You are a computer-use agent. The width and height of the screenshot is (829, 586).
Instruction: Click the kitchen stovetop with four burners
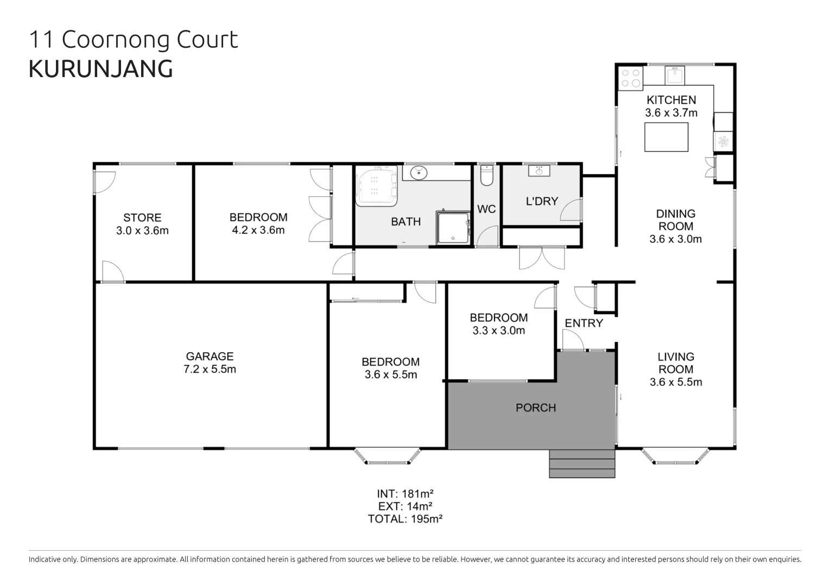[x=630, y=78]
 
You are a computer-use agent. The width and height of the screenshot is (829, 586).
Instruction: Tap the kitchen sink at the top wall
[x=674, y=75]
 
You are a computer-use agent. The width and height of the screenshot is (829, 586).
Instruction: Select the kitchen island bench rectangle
[x=666, y=137]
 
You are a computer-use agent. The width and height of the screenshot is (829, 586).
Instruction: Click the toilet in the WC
[x=486, y=175]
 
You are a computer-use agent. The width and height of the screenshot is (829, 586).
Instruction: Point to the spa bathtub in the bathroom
[x=376, y=186]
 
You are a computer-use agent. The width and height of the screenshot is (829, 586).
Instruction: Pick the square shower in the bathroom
[x=453, y=228]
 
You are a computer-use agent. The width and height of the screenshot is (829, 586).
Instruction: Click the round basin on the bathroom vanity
[x=418, y=173]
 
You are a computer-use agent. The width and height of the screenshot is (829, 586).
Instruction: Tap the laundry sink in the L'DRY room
[x=539, y=171]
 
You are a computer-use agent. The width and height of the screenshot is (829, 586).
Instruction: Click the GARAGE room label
[x=210, y=356]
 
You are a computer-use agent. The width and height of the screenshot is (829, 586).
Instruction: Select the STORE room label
[x=142, y=218]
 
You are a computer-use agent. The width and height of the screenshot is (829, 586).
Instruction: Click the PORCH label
[x=535, y=407]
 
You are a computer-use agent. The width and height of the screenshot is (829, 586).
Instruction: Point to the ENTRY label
[x=584, y=323]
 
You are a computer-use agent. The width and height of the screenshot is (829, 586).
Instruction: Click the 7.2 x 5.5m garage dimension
[x=210, y=370]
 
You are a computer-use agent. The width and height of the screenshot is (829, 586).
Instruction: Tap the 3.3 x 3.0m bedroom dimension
[x=498, y=330]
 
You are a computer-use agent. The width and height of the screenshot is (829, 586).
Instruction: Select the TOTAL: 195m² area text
[x=405, y=519]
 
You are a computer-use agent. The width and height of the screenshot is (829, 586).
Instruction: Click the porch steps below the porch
[x=582, y=464]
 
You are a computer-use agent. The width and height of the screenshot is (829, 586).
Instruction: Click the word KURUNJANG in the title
[x=101, y=69]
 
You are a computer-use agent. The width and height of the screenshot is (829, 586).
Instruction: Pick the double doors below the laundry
[x=541, y=258]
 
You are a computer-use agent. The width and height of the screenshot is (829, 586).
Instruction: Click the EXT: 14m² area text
[x=405, y=506]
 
